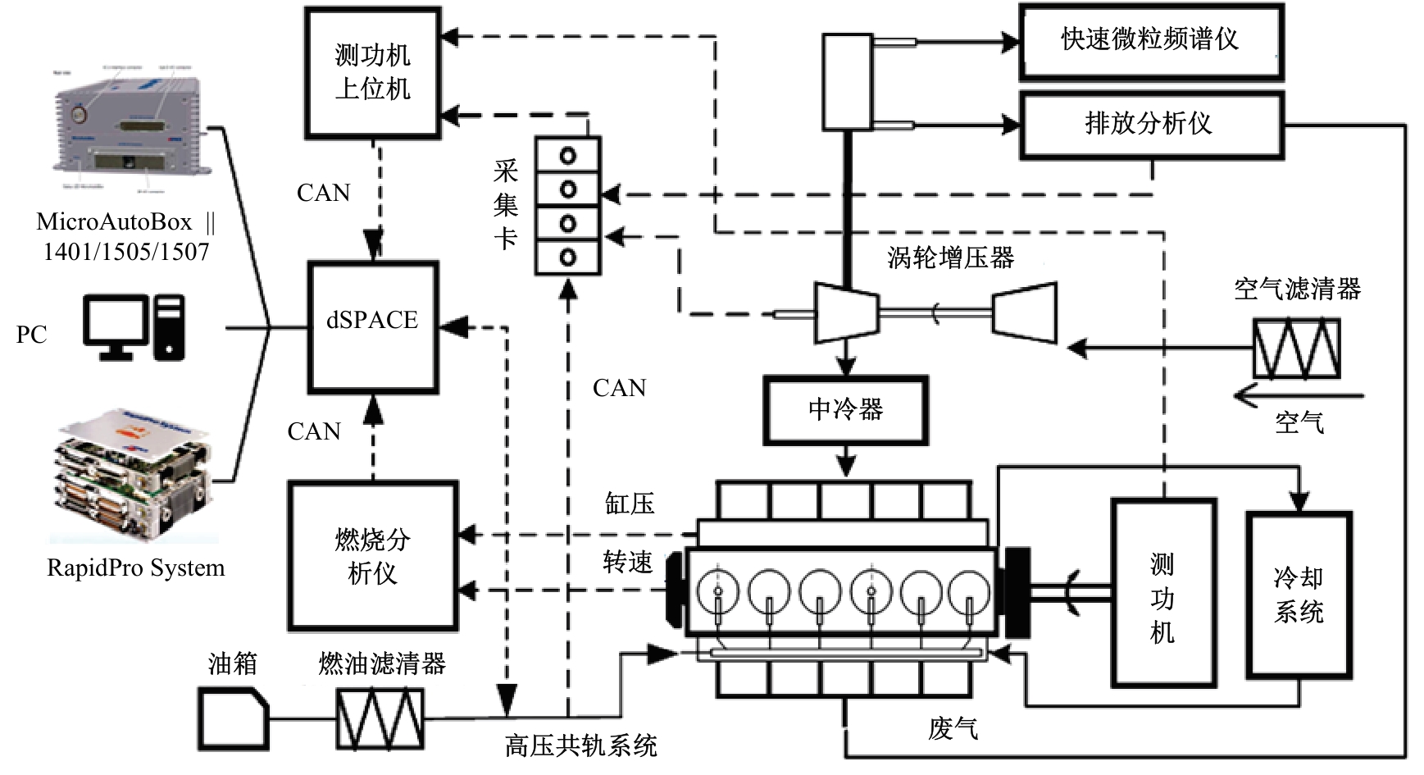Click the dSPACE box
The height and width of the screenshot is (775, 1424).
373,327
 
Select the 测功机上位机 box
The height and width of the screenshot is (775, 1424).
373,72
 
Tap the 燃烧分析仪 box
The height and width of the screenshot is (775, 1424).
373,556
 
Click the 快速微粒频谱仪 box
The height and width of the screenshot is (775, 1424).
1151,41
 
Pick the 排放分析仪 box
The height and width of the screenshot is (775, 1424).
1151,125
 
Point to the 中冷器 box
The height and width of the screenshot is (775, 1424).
845,410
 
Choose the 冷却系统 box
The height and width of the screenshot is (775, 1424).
1299,595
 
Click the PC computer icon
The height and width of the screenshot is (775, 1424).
134,328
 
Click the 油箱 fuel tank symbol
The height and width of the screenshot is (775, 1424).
234,718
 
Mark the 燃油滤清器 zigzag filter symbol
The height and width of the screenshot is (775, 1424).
380,718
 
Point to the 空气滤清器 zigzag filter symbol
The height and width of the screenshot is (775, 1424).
1296,349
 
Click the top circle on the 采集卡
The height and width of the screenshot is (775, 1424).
567,155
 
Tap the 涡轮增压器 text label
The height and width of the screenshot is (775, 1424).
950,258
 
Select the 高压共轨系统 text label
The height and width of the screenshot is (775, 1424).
580,746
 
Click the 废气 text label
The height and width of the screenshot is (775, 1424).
953,728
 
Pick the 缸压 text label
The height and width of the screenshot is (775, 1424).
630,504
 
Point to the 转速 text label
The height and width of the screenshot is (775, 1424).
628,563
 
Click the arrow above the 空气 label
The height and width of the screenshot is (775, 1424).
1298,397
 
